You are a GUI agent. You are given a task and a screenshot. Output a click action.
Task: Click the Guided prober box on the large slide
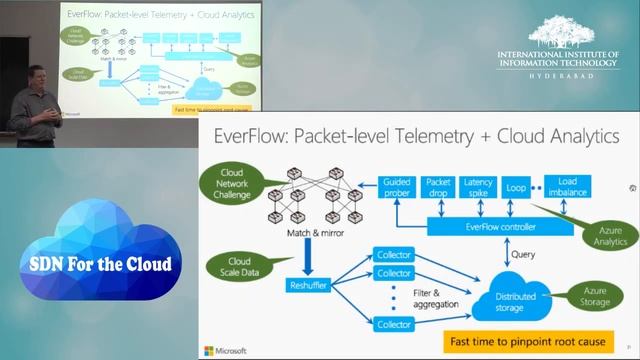pos(397,187)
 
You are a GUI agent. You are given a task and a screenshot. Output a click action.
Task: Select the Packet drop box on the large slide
pos(438,187)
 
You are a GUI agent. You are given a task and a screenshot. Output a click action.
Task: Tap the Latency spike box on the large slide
pos(479,187)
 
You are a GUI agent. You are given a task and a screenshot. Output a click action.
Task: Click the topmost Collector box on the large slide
pos(393,253)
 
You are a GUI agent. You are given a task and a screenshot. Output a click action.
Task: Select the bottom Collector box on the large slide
pos(393,323)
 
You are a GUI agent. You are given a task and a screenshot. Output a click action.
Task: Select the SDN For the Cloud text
pos(98,264)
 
